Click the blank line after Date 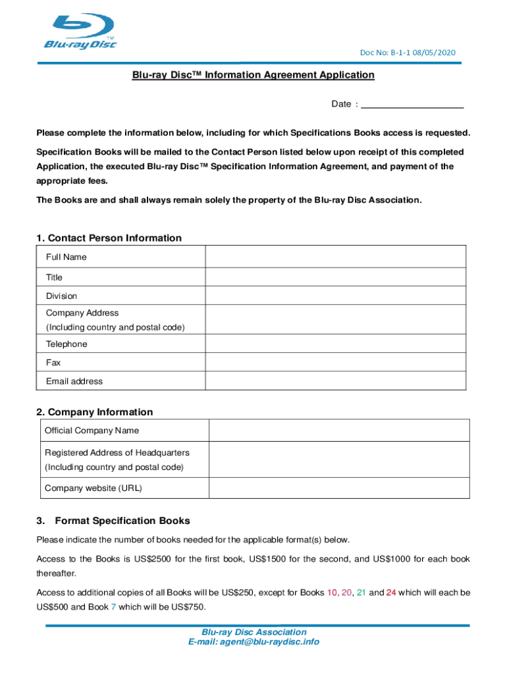[413, 104]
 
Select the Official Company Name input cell [338, 430]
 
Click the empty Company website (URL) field [338, 488]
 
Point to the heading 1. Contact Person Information [109, 238]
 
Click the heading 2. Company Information [95, 412]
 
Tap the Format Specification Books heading [122, 521]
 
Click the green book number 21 [361, 592]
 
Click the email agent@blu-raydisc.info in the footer [254, 642]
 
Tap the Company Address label [82, 313]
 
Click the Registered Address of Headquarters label [117, 453]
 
